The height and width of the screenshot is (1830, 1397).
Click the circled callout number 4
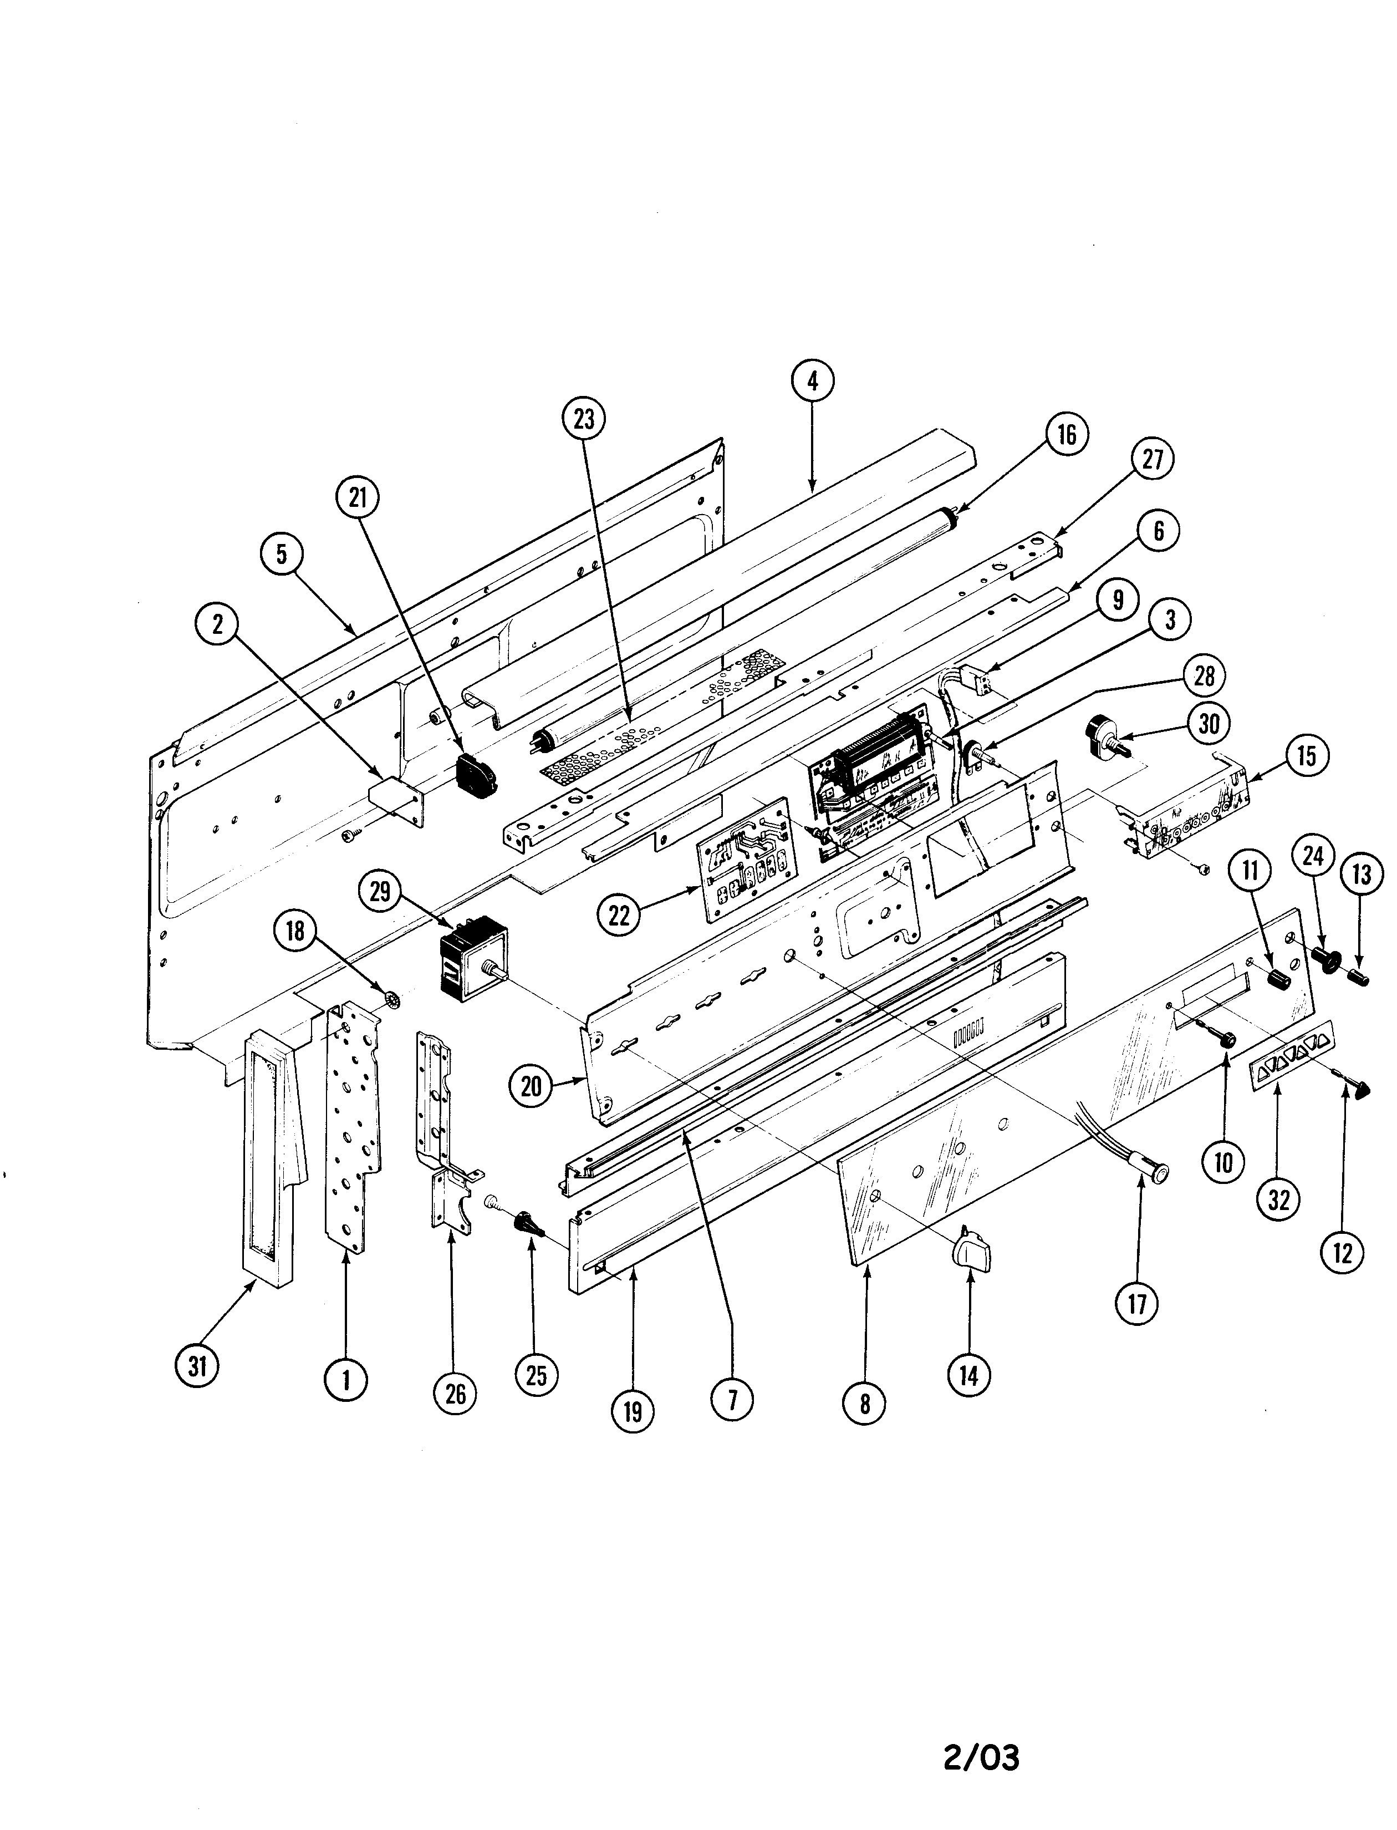[813, 381]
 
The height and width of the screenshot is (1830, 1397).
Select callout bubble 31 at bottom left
[197, 1366]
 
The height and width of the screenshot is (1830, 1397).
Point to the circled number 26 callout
[455, 1393]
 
